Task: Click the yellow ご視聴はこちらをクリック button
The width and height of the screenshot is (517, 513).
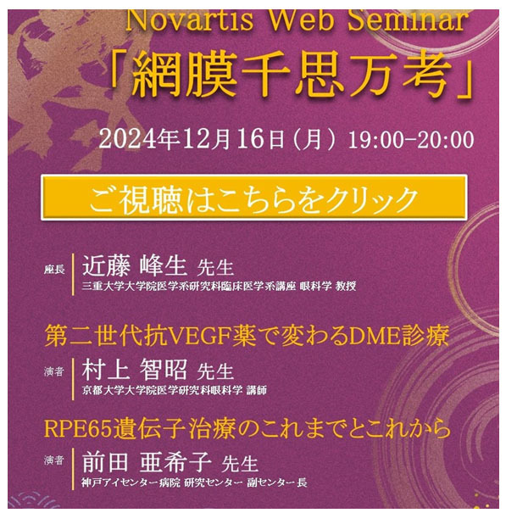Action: (x=254, y=198)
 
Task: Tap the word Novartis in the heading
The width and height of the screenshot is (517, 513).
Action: (x=189, y=20)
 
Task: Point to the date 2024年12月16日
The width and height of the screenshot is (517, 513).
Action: (x=191, y=139)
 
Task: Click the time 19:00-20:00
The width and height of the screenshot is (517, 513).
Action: (x=411, y=140)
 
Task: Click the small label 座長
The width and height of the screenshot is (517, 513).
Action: (x=54, y=270)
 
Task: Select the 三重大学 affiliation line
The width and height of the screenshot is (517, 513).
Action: (x=219, y=286)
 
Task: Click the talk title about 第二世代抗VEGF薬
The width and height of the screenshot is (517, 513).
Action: (x=247, y=336)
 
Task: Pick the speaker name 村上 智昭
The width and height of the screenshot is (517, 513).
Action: (x=135, y=370)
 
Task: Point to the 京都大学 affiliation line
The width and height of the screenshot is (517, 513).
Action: (x=174, y=390)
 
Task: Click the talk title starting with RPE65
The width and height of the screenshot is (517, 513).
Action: (x=247, y=428)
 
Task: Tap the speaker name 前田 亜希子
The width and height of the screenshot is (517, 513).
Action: (x=147, y=462)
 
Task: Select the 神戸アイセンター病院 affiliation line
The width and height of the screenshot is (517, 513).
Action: (x=194, y=482)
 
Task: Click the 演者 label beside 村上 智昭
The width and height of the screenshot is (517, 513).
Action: (x=53, y=371)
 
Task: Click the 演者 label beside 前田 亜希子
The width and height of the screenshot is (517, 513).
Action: (x=53, y=460)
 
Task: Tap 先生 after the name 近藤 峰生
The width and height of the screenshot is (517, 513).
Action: (x=215, y=268)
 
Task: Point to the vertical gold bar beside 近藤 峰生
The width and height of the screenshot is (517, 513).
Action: (x=73, y=274)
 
